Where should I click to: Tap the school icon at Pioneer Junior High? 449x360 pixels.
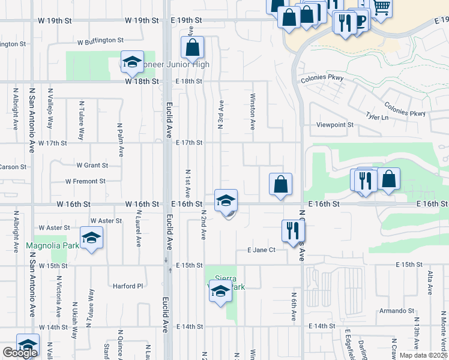(131, 62)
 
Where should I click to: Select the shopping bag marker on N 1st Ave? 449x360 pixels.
(193, 48)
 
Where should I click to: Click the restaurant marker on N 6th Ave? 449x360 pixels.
(292, 230)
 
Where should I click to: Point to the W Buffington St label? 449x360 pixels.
(100, 41)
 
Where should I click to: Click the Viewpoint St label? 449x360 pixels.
(335, 125)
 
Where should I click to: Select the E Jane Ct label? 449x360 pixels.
(261, 250)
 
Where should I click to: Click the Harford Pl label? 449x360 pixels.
(128, 286)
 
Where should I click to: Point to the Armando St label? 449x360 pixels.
(396, 311)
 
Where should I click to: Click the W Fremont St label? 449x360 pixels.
(85, 181)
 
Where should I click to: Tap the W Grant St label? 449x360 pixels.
(92, 165)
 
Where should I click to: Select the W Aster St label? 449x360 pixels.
(55, 228)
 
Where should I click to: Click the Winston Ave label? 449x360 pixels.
(252, 112)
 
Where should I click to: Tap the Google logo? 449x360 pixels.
(20, 353)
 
